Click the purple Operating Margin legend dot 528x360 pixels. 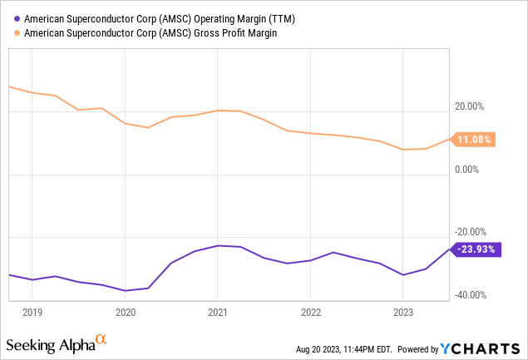point(17,17)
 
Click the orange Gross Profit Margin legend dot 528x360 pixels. point(17,32)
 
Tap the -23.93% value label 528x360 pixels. point(477,248)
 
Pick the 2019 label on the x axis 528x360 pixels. point(32,313)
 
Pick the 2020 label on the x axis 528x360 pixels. point(125,313)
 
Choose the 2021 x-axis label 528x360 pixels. point(217,313)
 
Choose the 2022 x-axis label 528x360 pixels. point(309,313)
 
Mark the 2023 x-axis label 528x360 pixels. point(402,313)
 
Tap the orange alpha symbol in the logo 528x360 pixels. point(101,339)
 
